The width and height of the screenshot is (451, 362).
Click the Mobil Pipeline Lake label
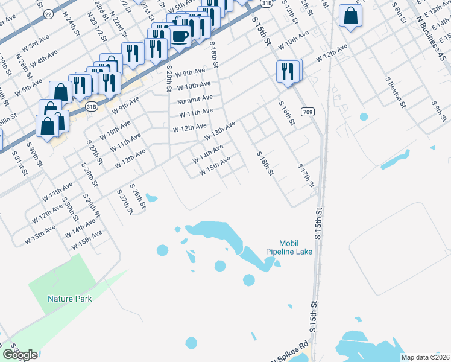coord(289,247)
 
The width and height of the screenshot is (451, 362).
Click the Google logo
coord(20,355)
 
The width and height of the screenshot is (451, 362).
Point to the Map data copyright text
coord(425,357)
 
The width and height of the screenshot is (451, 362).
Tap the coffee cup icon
coord(179,36)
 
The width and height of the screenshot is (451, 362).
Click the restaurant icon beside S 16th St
coord(288,71)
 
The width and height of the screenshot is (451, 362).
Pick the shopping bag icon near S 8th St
coord(350,17)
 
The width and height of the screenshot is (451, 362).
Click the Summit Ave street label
coord(195,98)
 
